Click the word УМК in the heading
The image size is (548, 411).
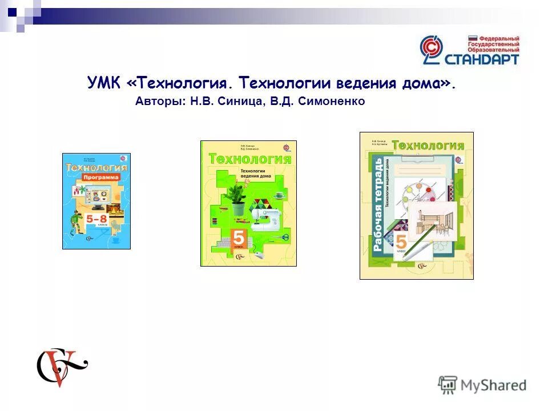tap(105, 83)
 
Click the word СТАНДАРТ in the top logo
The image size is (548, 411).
tap(481, 58)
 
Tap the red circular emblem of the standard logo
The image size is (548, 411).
tap(432, 49)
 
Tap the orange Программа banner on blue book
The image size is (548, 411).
tap(100, 178)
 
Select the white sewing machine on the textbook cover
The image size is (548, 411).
tap(266, 215)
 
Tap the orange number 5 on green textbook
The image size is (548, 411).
tap(239, 239)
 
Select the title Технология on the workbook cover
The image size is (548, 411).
tap(427, 146)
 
